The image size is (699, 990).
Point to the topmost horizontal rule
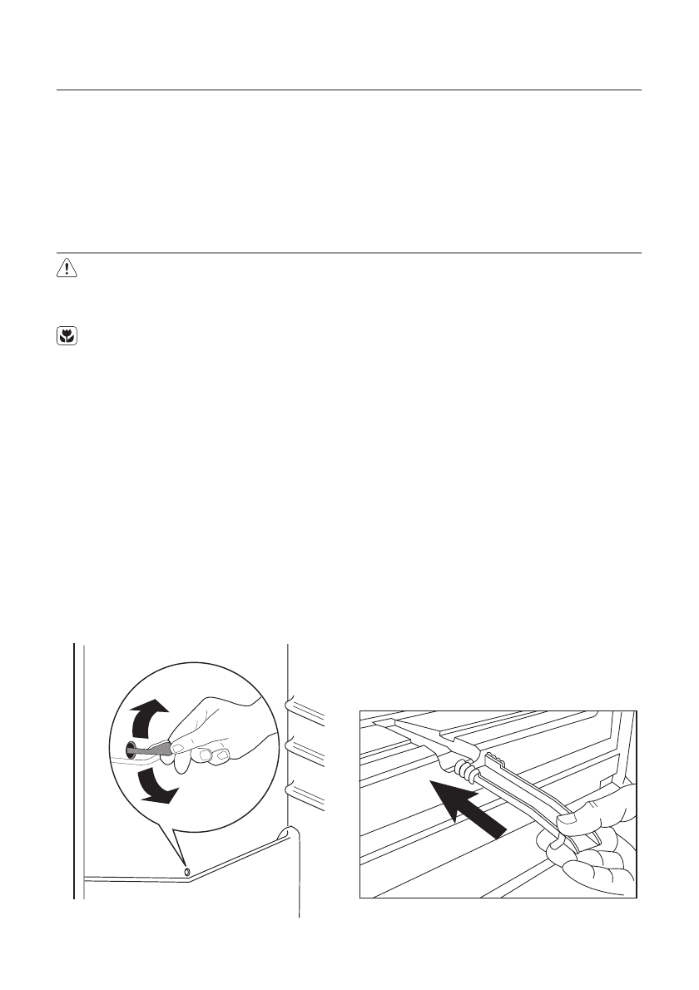349,89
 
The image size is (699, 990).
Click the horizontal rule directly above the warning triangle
349,253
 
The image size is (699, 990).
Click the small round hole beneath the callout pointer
186,869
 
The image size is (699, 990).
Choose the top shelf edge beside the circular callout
305,708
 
